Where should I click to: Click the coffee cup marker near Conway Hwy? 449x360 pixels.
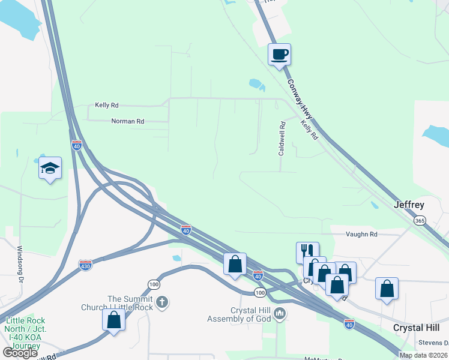coord(279,55)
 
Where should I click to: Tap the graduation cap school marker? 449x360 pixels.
coord(50,168)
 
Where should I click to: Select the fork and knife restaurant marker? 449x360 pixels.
coord(307,252)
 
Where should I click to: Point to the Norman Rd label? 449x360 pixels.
coord(128,121)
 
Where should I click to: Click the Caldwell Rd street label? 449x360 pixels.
coord(281,140)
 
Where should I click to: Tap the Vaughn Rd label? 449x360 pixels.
coord(361,235)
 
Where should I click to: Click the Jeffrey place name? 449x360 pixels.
coord(409,205)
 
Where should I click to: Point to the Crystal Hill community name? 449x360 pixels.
coord(416,328)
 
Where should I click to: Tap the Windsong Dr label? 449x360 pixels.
coord(20,263)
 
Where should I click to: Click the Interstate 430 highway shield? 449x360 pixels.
coord(85,264)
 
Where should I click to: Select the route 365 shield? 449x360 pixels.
coord(420,221)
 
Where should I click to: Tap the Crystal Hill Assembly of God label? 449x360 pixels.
coord(239,314)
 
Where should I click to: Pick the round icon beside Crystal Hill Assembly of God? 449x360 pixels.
coord(279,313)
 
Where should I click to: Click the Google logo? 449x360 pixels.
coord(20,352)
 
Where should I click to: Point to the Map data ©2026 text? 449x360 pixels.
coord(423,355)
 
